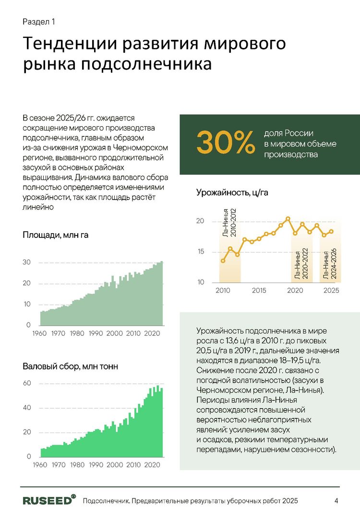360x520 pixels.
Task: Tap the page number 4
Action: pos(336,501)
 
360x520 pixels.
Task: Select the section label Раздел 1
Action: pos(38,22)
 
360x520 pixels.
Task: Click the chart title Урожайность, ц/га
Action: pos(232,193)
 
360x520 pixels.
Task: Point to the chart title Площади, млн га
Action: pos(56,235)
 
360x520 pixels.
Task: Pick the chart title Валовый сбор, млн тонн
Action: pos(70,366)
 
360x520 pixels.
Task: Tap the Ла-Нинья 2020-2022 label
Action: pos(299,264)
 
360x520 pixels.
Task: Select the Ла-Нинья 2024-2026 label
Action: pos(329,264)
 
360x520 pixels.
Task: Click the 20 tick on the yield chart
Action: pos(200,221)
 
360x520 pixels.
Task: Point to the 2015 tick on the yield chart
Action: pos(259,291)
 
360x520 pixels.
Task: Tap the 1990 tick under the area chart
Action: pos(96,333)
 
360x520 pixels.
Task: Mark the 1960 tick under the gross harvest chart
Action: pos(40,465)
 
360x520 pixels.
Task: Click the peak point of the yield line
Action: pos(288,219)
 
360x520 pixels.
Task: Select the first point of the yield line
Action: pos(223,260)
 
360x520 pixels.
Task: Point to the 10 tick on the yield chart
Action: pos(200,282)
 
